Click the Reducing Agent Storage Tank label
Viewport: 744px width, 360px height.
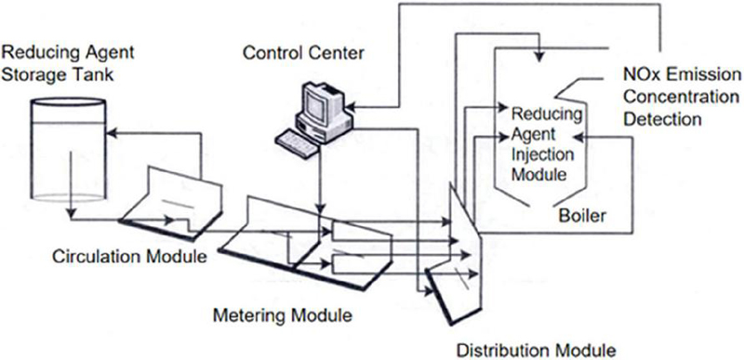(x=68, y=63)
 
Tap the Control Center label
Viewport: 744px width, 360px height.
(x=303, y=53)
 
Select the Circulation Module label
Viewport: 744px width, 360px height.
(x=129, y=257)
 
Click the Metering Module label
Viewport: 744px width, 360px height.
(x=283, y=315)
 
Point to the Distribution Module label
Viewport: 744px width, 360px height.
(x=536, y=351)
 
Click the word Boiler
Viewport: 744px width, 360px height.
(x=582, y=217)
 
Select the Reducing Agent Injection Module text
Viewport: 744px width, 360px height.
(x=547, y=144)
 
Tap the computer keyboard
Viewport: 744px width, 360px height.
(x=298, y=142)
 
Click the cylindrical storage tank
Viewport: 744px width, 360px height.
(x=67, y=151)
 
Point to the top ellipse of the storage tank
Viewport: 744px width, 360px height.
(x=67, y=102)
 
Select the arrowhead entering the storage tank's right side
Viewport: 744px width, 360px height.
(x=110, y=134)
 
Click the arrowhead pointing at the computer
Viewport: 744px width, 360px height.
(x=352, y=107)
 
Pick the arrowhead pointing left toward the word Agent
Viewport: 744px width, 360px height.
(x=578, y=137)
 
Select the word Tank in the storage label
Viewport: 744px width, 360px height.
(x=97, y=74)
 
